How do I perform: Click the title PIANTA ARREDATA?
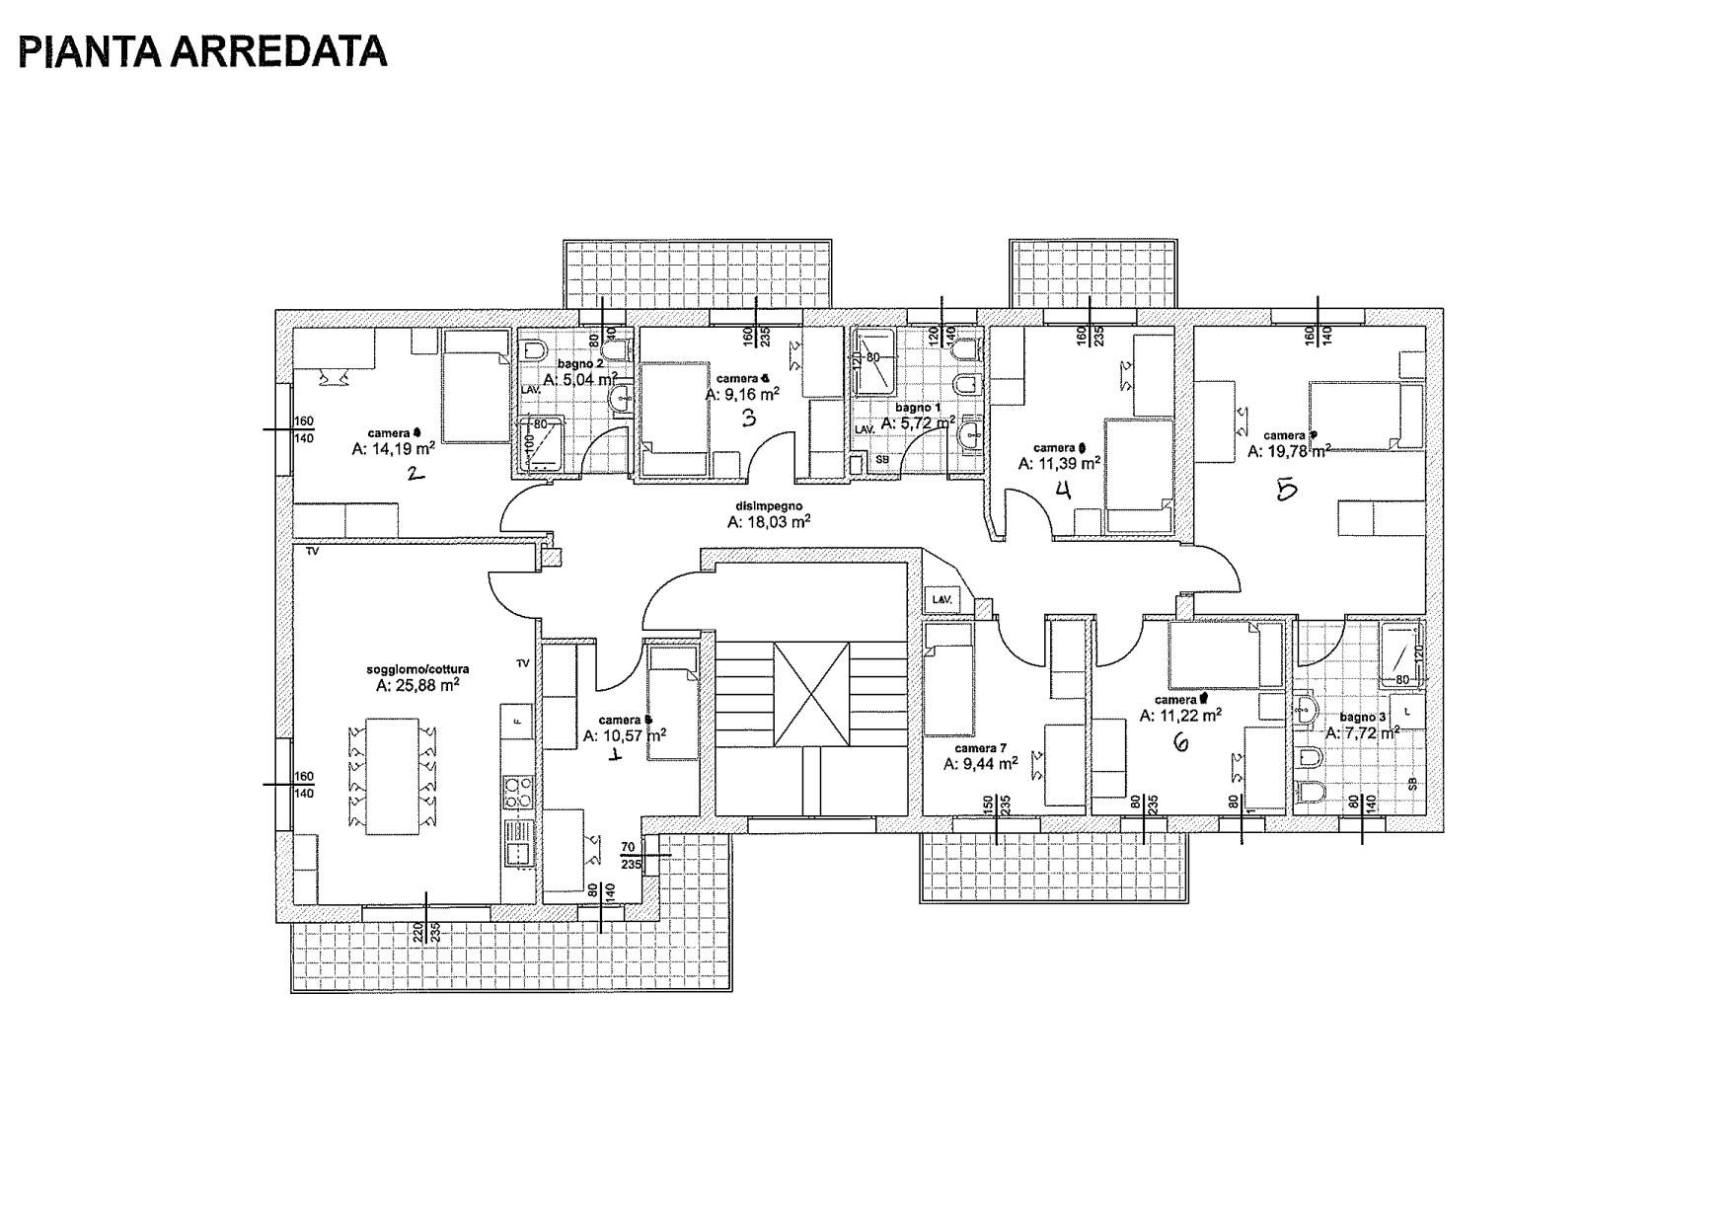202,51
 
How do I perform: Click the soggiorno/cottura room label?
417,669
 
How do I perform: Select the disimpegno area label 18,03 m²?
769,523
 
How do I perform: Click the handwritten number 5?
1286,489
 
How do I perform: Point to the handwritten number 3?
748,419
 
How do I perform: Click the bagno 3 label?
1362,717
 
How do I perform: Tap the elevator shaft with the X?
811,694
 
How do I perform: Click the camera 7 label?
980,748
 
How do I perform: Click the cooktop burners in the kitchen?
518,790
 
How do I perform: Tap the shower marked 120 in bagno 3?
1401,653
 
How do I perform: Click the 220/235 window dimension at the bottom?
426,932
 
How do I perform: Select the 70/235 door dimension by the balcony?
630,855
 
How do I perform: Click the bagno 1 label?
918,407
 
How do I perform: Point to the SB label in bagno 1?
881,460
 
